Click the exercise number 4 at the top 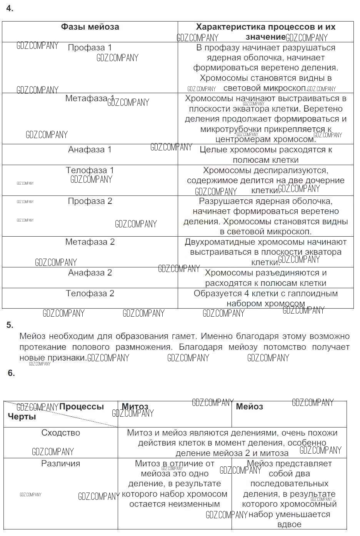point(10,8)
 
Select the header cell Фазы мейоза point(90,27)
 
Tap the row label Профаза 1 point(90,48)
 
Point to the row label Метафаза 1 point(90,99)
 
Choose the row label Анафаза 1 point(90,150)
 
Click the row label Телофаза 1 point(90,170)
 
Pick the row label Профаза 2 point(90,201)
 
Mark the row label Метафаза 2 point(90,242)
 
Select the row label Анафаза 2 point(90,273)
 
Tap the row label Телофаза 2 point(90,294)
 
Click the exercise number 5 point(10,325)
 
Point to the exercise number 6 point(11,373)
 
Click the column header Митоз point(135,407)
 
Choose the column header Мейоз point(249,407)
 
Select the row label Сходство point(61,433)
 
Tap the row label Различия point(61,464)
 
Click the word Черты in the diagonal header point(22,417)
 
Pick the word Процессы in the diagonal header point(82,407)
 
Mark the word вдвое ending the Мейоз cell point(289,524)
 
